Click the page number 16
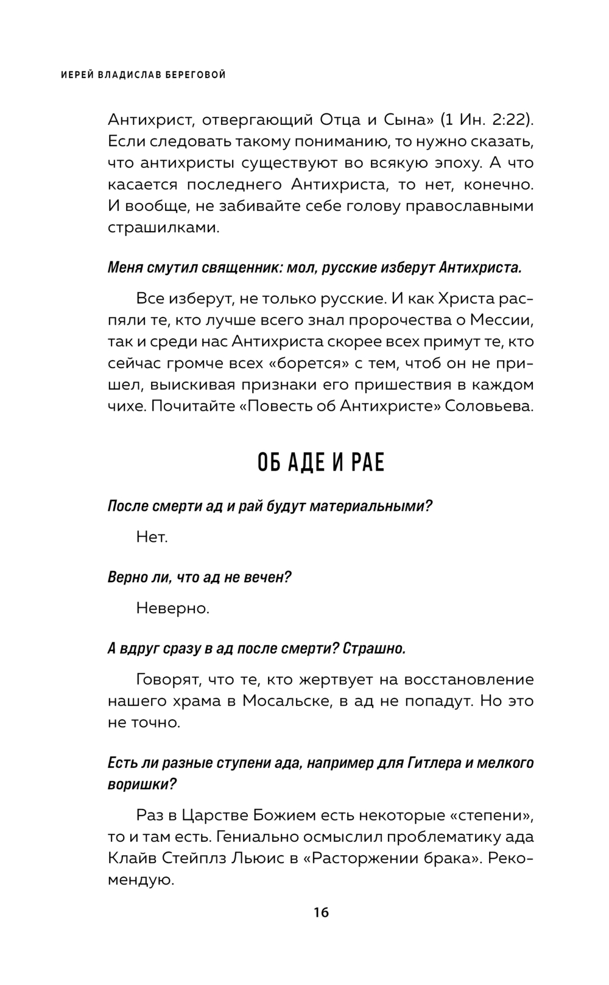click(321, 912)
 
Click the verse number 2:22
click(502, 119)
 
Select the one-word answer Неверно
click(173, 608)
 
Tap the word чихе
click(126, 406)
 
